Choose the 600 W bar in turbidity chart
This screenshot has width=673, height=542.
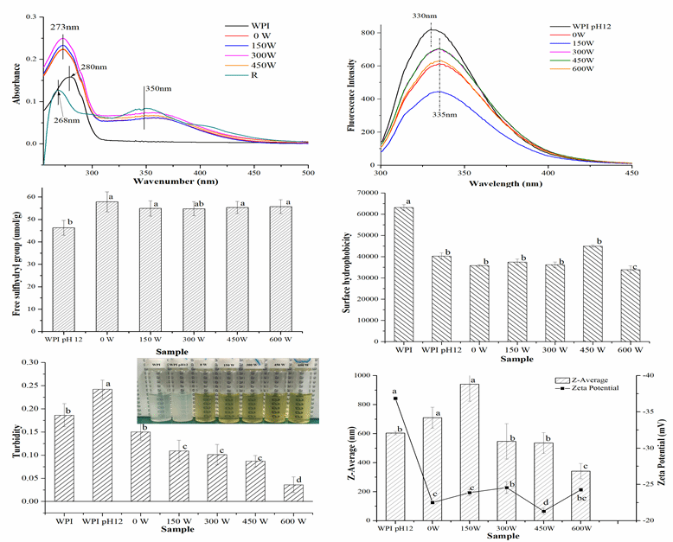pos(294,493)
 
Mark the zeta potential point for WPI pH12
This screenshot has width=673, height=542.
pos(395,399)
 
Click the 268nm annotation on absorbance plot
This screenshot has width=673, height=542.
pos(68,120)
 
